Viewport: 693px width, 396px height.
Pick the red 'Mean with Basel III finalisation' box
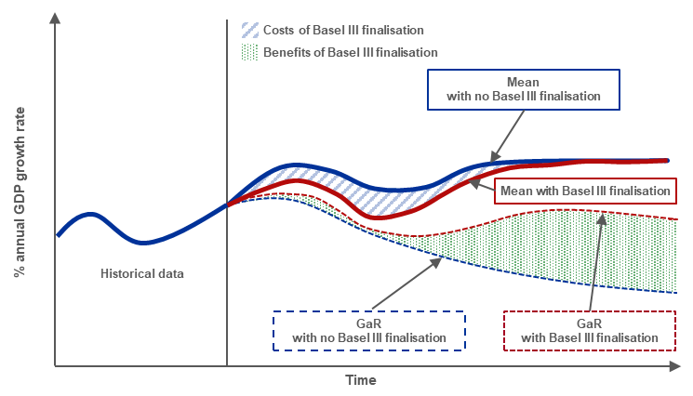click(x=584, y=191)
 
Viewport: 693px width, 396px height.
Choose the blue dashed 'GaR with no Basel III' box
click(x=368, y=330)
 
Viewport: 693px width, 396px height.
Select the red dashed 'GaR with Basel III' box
click(x=590, y=330)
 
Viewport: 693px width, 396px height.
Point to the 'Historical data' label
click(x=142, y=273)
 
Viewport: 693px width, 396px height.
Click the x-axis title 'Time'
click(x=360, y=380)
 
